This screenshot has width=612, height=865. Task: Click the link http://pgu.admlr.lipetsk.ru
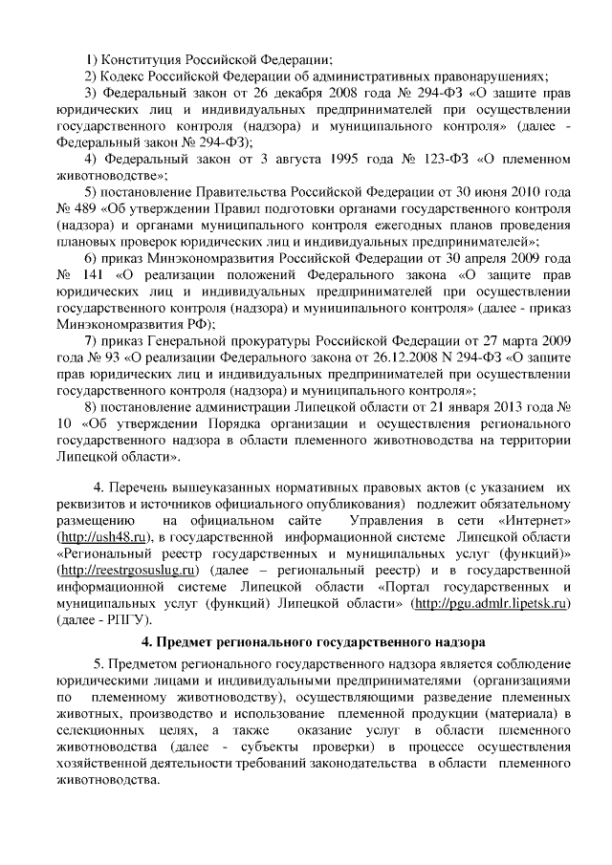(x=492, y=603)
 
